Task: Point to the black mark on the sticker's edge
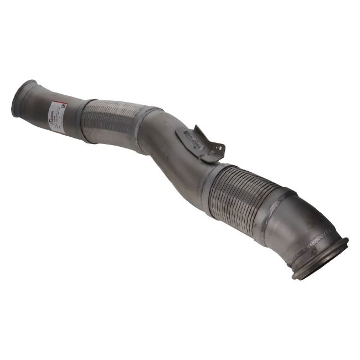pyautogui.click(x=64, y=106)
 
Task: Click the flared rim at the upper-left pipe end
pyautogui.click(x=20, y=99)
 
